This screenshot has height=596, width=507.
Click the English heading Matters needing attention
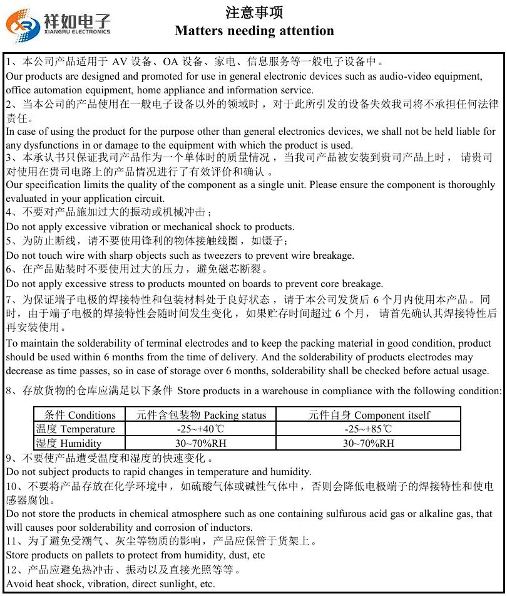click(x=254, y=31)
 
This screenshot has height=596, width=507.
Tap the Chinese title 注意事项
click(x=254, y=12)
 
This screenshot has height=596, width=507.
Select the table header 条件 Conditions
click(x=80, y=415)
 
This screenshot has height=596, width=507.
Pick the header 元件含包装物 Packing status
click(x=200, y=415)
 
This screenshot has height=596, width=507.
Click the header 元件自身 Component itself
click(x=369, y=415)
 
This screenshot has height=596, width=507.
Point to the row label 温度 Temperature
click(x=76, y=429)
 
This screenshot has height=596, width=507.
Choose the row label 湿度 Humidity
click(x=69, y=444)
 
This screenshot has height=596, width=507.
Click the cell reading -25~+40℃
click(x=200, y=429)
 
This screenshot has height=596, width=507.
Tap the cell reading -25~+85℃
click(x=369, y=429)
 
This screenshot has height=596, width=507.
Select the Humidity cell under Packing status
click(x=200, y=444)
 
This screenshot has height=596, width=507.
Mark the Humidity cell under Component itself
click(x=369, y=444)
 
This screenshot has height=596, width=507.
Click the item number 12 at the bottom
click(x=12, y=570)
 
